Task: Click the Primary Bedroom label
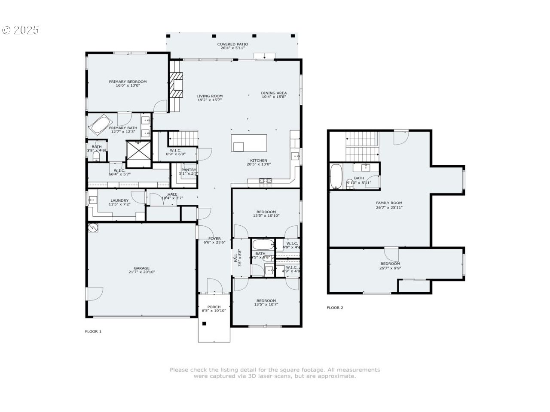click(x=128, y=82)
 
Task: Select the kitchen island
click(x=249, y=143)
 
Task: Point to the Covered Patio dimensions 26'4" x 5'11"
click(x=232, y=48)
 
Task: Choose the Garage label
click(x=141, y=268)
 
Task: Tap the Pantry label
click(x=189, y=170)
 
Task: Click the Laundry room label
click(x=119, y=200)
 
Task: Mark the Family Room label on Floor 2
click(x=389, y=203)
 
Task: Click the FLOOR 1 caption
click(x=93, y=331)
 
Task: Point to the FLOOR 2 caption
click(x=335, y=308)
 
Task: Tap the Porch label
click(x=214, y=307)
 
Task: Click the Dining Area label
click(x=274, y=93)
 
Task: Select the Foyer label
click(x=214, y=239)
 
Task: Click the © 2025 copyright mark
click(x=20, y=30)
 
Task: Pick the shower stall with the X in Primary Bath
click(x=139, y=152)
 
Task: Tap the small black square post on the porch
click(x=205, y=324)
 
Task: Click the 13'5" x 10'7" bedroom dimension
click(x=266, y=305)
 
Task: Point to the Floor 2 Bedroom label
click(x=390, y=264)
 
